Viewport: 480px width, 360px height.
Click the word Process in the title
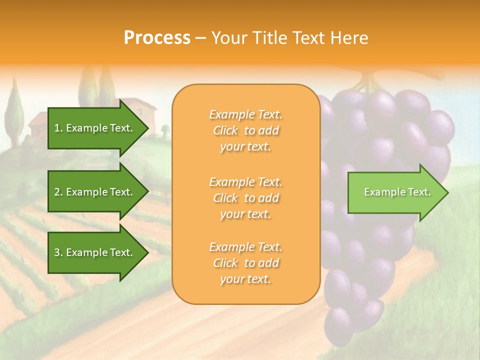click(157, 38)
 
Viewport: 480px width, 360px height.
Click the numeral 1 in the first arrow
click(57, 128)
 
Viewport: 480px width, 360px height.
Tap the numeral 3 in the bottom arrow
click(57, 252)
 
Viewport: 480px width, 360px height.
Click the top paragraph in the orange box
click(245, 130)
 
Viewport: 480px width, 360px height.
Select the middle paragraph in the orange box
click(245, 198)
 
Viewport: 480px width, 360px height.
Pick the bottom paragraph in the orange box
click(245, 263)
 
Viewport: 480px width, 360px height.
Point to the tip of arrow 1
click(148, 128)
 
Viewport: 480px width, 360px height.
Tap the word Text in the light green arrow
click(419, 192)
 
